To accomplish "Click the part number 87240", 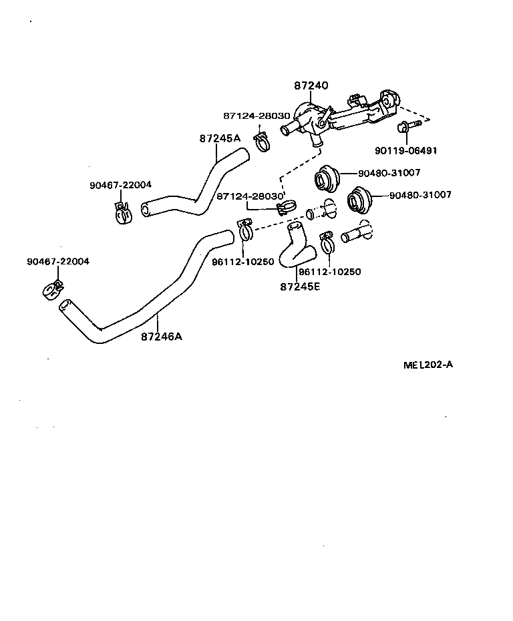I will [312, 86].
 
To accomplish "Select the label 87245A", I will [219, 139].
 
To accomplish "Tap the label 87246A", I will [161, 337].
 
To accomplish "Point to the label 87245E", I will [299, 286].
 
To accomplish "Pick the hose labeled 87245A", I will [200, 187].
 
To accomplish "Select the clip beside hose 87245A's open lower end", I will [122, 212].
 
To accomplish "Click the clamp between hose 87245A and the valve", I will [262, 142].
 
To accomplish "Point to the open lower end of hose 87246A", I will [64, 306].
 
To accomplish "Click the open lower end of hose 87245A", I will [146, 211].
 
